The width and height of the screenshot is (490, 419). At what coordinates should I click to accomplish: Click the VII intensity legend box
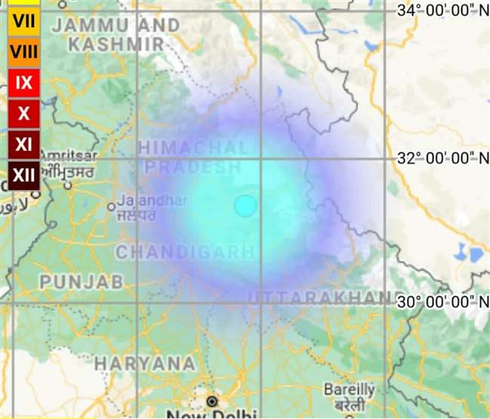24,21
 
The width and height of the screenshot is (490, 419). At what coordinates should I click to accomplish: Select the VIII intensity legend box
24,52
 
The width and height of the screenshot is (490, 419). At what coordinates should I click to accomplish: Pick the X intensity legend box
24,113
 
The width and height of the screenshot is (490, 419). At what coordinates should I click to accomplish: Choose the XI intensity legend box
24,144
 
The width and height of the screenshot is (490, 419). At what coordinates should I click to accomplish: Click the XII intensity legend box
24,175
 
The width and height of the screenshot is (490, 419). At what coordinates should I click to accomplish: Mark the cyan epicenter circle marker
245,206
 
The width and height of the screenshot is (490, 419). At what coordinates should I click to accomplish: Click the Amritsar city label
69,154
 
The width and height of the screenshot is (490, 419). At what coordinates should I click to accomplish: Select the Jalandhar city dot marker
112,206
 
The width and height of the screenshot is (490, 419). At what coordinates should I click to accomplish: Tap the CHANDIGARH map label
185,251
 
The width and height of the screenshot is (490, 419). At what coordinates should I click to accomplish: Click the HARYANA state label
145,363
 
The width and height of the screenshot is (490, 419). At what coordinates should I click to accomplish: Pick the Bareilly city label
349,390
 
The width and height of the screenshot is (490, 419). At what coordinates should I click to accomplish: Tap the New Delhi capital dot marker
213,401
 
